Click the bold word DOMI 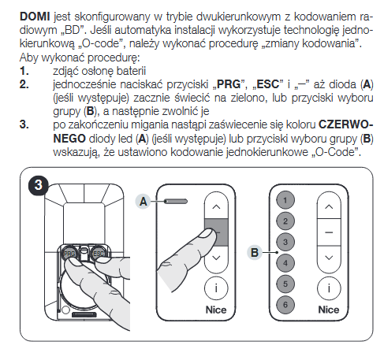[x=35, y=17]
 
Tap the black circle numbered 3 [x=39, y=185]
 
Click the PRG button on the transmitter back [x=69, y=253]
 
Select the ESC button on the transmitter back [x=99, y=253]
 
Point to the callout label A [x=144, y=202]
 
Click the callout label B [x=255, y=252]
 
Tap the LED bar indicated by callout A [x=176, y=202]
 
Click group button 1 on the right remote [x=285, y=200]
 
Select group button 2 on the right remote [x=285, y=221]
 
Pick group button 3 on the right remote [x=285, y=242]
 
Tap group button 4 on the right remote [x=285, y=263]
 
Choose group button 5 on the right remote [x=285, y=284]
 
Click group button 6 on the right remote [x=285, y=305]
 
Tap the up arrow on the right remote [x=329, y=206]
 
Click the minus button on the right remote [x=329, y=232]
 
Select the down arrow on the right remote [x=329, y=258]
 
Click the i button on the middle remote [x=216, y=288]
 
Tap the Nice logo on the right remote [x=329, y=310]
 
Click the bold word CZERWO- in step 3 [x=345, y=124]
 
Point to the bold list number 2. [x=24, y=84]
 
